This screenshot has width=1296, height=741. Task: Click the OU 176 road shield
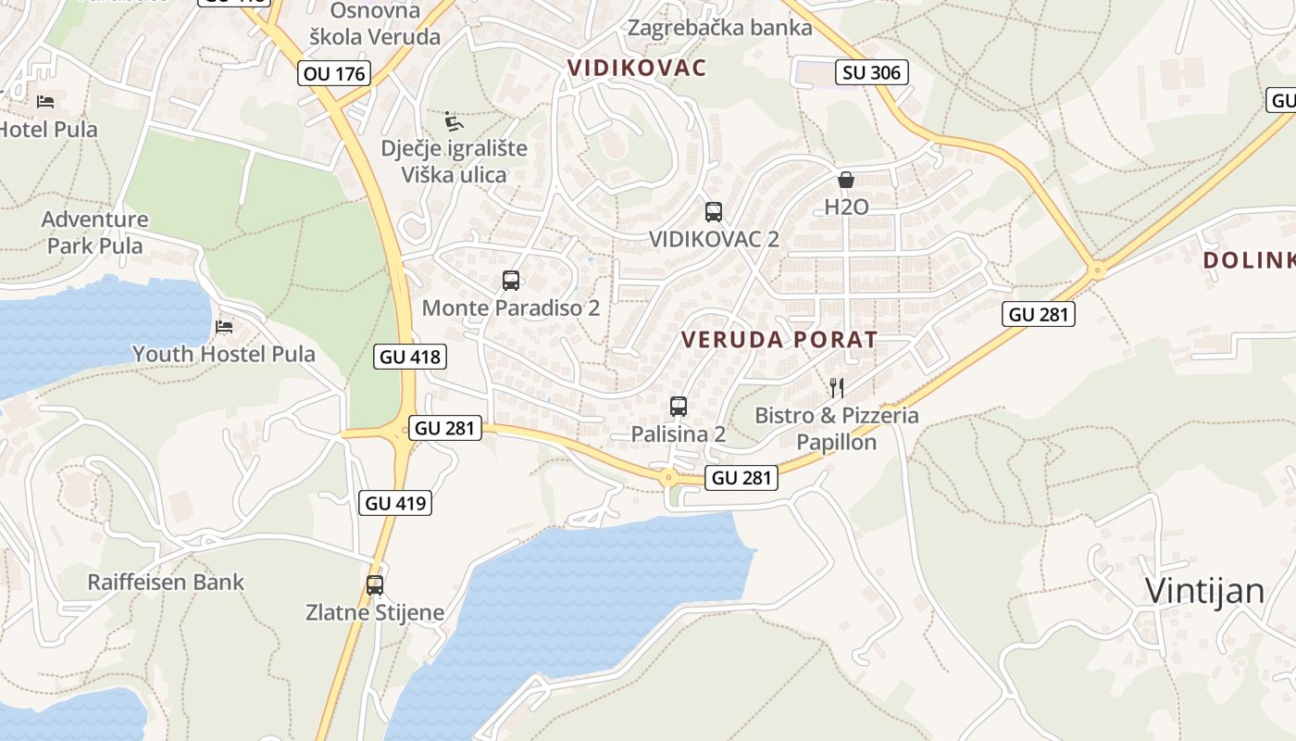[334, 73]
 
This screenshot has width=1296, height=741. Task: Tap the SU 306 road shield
[871, 71]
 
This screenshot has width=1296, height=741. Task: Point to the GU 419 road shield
[395, 503]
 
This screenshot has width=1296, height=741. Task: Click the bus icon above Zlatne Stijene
[375, 585]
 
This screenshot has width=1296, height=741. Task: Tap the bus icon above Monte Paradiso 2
[510, 280]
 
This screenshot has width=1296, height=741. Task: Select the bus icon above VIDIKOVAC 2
[714, 211]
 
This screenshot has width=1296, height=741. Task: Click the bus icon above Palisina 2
[679, 406]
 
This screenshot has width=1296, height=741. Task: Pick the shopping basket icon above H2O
[846, 180]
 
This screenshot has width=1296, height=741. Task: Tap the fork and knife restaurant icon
[837, 387]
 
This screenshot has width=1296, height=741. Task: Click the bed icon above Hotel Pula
[45, 101]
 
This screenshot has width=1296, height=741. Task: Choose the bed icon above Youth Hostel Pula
[223, 326]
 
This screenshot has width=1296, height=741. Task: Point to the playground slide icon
[454, 121]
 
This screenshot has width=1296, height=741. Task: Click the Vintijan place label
[1204, 590]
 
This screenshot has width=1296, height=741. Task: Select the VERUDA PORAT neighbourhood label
[779, 340]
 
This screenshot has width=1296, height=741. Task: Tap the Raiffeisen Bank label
[166, 583]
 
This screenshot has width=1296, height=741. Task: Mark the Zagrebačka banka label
[719, 28]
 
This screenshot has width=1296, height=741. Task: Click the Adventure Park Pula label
[95, 232]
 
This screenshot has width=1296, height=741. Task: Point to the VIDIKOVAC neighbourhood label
[637, 68]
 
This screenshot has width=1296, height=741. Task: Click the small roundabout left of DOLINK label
[1098, 271]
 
